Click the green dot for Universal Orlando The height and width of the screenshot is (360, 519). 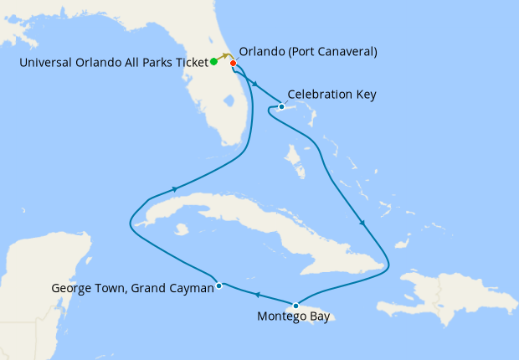pos(214,61)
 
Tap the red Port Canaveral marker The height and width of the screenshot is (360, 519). pos(233,64)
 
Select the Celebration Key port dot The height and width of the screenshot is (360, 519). pos(282,106)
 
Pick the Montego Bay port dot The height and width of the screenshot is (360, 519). pos(295,305)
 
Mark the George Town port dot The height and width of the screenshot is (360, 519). pos(218,285)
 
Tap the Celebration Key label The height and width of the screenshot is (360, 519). pos(331,95)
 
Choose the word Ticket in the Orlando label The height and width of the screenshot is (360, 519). pos(189,64)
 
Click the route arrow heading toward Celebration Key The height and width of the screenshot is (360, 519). pos(254,84)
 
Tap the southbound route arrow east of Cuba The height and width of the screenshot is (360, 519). pos(362,223)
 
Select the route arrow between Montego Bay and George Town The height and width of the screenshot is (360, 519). pos(257,295)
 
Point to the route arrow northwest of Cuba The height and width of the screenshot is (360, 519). pos(174,188)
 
